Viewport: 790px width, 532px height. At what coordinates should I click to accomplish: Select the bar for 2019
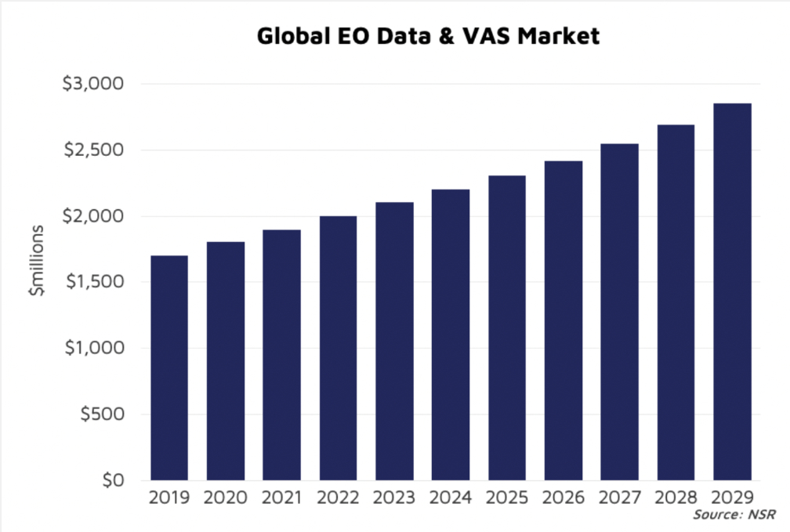coord(169,368)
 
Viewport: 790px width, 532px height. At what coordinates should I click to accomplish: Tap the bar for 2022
coord(338,348)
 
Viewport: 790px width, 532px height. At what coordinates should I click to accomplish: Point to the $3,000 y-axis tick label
coord(97,84)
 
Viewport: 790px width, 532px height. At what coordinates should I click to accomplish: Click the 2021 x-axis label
coord(282,498)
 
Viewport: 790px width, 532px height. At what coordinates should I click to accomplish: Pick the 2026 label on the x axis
coord(564,498)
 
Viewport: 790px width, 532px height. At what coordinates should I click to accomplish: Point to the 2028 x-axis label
coord(676,498)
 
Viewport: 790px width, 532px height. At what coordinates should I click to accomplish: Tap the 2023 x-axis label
coord(394,498)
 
